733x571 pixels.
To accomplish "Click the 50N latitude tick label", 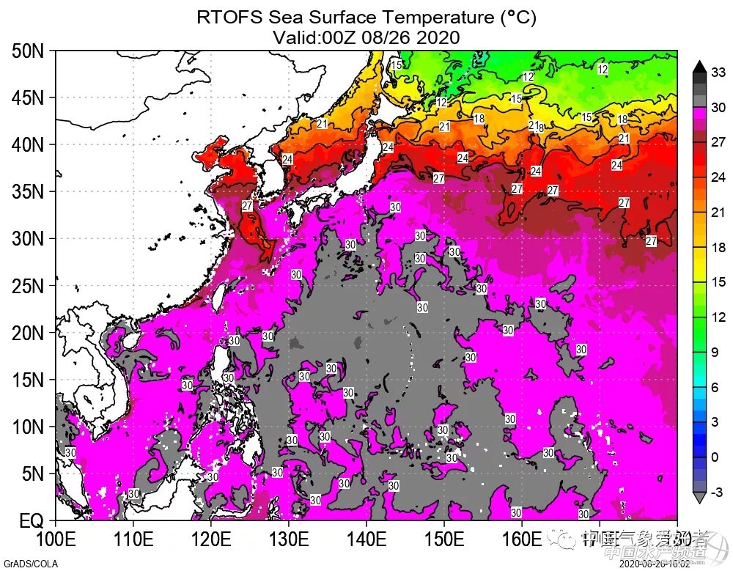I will (x=28, y=51).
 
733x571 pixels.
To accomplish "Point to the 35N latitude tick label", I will (x=28, y=192).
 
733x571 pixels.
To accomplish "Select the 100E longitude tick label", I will (x=56, y=541).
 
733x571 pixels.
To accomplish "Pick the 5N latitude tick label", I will (x=32, y=474).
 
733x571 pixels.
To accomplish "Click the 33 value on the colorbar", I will (x=719, y=72).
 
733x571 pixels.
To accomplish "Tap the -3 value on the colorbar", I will (x=718, y=492).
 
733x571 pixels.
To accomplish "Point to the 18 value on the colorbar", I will (x=718, y=248).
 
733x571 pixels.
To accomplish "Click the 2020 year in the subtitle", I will (x=439, y=37).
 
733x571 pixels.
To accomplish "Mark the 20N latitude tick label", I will (x=28, y=334).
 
